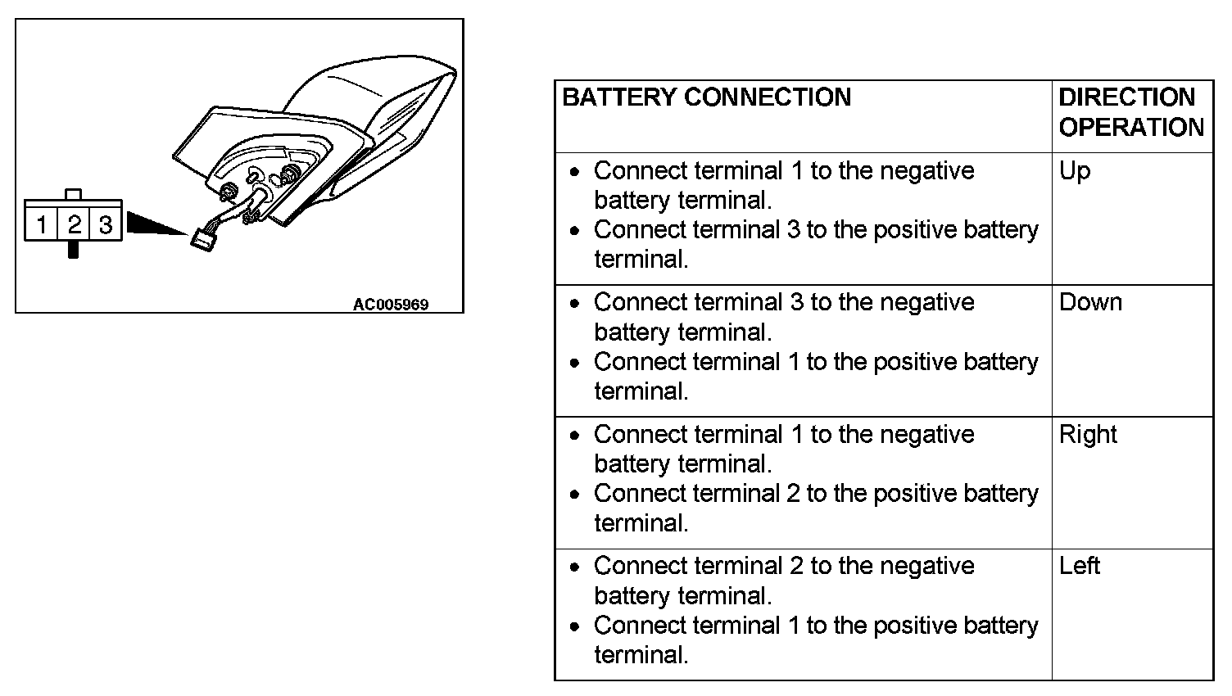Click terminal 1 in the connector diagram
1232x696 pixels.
pyautogui.click(x=42, y=224)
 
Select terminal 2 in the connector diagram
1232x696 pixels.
pyautogui.click(x=74, y=224)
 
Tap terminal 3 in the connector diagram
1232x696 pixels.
pyautogui.click(x=106, y=224)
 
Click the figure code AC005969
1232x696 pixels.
pyautogui.click(x=391, y=305)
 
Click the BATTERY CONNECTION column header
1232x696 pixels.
pyautogui.click(x=707, y=98)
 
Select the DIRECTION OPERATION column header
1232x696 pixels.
pyautogui.click(x=1130, y=113)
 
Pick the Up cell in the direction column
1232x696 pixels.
pyautogui.click(x=1075, y=171)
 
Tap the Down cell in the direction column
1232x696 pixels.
pyautogui.click(x=1090, y=302)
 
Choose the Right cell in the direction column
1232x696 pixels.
pyautogui.click(x=1088, y=434)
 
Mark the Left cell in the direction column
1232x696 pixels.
pyautogui.click(x=1080, y=566)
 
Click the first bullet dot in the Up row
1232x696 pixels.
pyautogui.click(x=577, y=172)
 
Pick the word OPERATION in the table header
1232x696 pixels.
pyautogui.click(x=1130, y=128)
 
